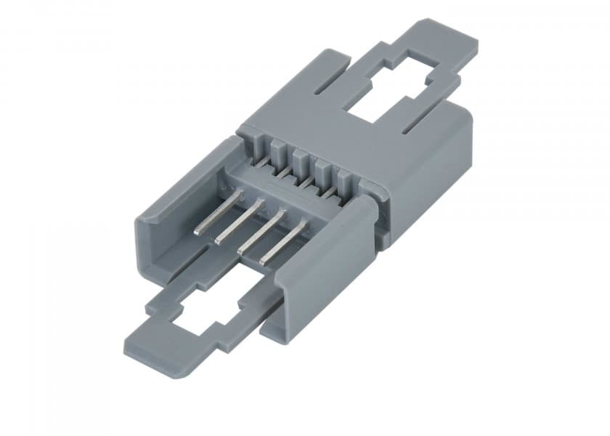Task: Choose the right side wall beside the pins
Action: pos(320,276)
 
